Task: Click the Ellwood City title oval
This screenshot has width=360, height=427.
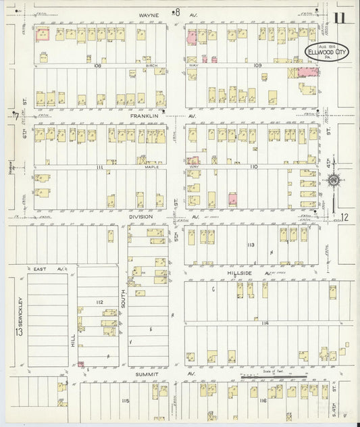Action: (317, 53)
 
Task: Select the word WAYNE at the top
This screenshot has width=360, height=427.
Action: (149, 11)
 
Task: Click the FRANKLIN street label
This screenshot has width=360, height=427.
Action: (145, 116)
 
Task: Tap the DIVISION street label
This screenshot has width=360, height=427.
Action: (142, 218)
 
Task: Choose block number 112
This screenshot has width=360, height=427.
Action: (99, 301)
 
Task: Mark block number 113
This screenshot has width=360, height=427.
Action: (251, 244)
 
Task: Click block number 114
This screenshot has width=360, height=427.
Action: (265, 324)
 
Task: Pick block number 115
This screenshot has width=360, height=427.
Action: (124, 401)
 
